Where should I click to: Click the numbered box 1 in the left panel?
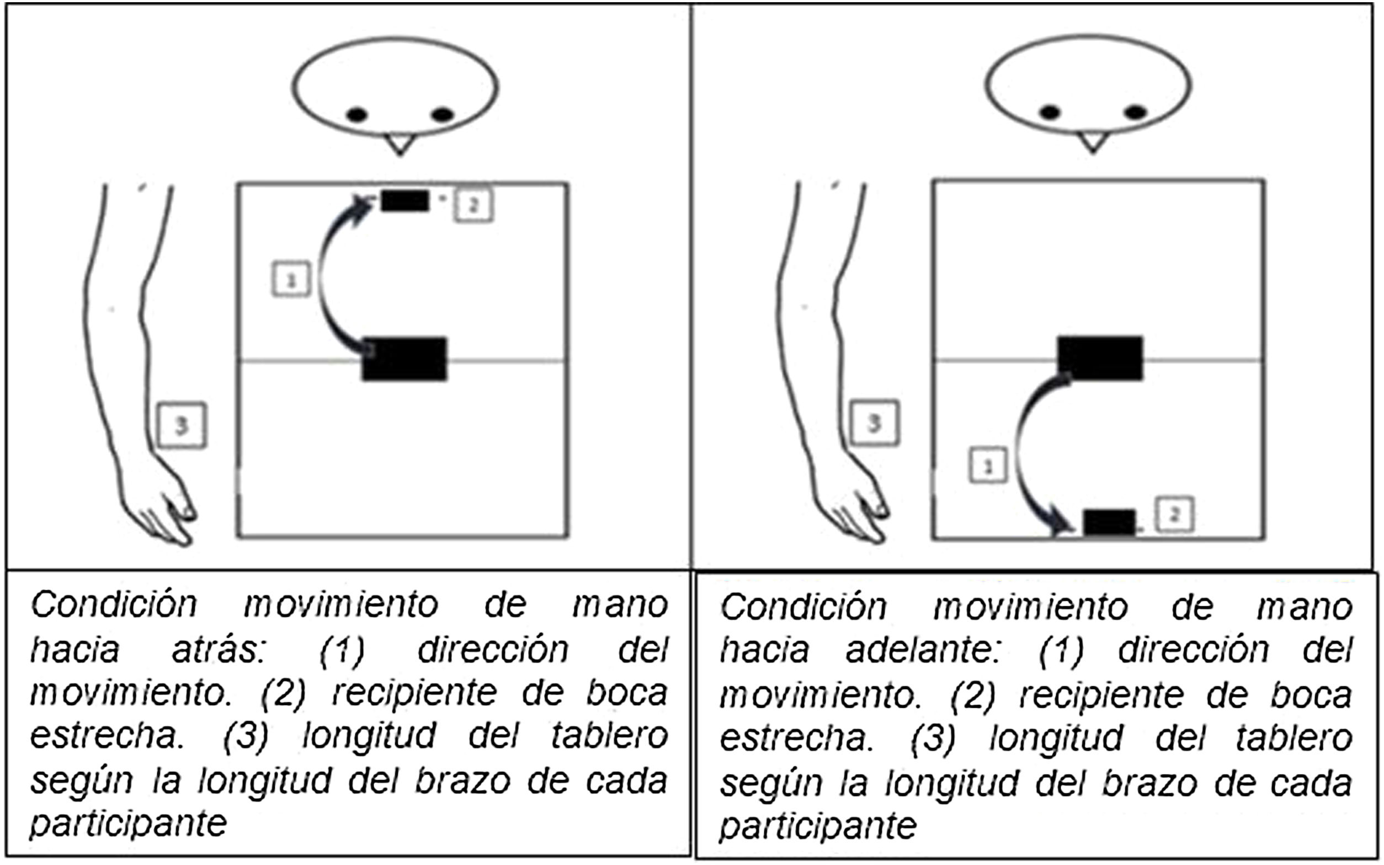pyautogui.click(x=291, y=279)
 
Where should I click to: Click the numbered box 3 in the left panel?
pyautogui.click(x=182, y=425)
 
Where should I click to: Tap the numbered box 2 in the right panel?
pyautogui.click(x=1174, y=514)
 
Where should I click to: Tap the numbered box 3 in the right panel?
pyautogui.click(x=874, y=423)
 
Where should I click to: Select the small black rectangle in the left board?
pyautogui.click(x=405, y=201)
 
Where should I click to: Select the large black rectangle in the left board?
pyautogui.click(x=404, y=359)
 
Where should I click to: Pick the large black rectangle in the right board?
pyautogui.click(x=1100, y=358)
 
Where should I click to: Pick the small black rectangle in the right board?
pyautogui.click(x=1109, y=522)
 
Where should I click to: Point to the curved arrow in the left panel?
pyautogui.click(x=320, y=277)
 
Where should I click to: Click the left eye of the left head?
pyautogui.click(x=356, y=115)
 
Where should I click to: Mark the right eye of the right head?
pyautogui.click(x=1136, y=112)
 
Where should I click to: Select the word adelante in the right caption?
pyautogui.click(x=922, y=650)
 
